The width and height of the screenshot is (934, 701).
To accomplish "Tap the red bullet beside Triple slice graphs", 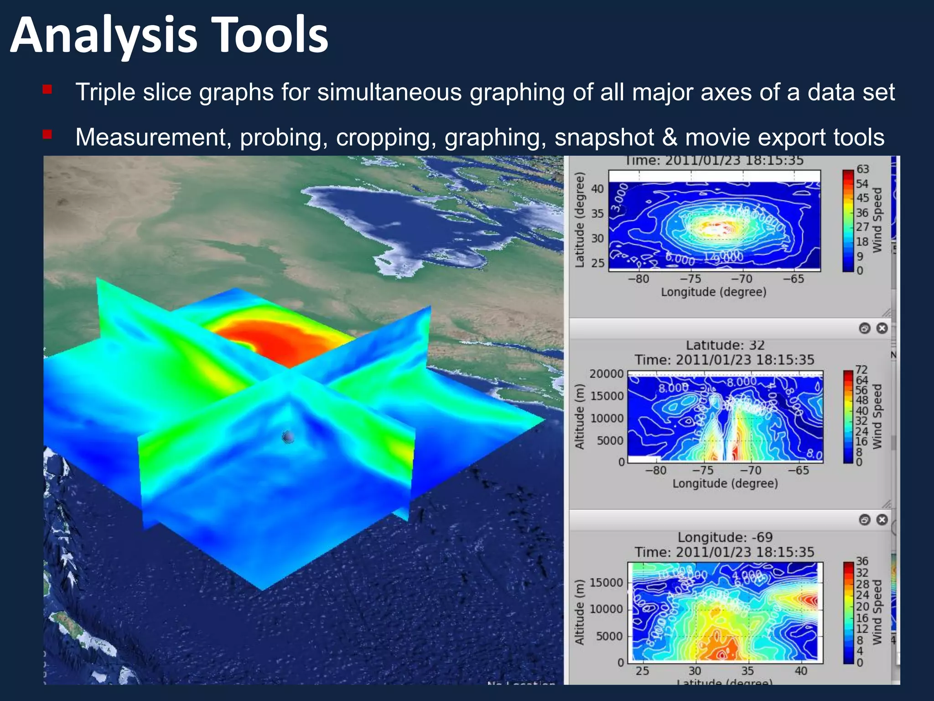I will [x=47, y=89].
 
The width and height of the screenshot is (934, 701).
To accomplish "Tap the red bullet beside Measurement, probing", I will [x=47, y=135].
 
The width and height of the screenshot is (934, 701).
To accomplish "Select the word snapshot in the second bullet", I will [x=604, y=138].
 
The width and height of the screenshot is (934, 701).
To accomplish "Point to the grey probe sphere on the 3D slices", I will [x=288, y=437].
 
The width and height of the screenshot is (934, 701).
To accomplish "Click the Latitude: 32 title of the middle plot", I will [x=725, y=345].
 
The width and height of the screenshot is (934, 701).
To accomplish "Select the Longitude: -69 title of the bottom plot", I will [x=725, y=537].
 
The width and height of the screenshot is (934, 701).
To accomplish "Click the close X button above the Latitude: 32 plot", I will [x=882, y=328].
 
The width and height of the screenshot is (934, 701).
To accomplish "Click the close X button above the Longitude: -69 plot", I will [x=882, y=520].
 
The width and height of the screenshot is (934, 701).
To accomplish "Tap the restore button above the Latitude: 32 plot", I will [x=865, y=328].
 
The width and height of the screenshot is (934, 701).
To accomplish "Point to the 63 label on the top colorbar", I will [x=862, y=169].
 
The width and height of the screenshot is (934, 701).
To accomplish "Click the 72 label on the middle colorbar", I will [x=861, y=370].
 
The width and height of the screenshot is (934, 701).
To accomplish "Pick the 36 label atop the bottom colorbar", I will [x=862, y=561].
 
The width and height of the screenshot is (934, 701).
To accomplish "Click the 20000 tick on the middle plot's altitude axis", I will [x=607, y=374].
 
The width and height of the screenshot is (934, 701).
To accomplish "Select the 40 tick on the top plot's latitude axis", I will [x=597, y=189].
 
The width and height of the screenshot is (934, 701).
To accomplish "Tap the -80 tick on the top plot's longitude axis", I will [x=638, y=279].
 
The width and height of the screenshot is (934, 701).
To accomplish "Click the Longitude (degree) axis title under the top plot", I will [x=714, y=292].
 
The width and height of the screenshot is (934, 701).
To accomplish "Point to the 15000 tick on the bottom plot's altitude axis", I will [x=606, y=583].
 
